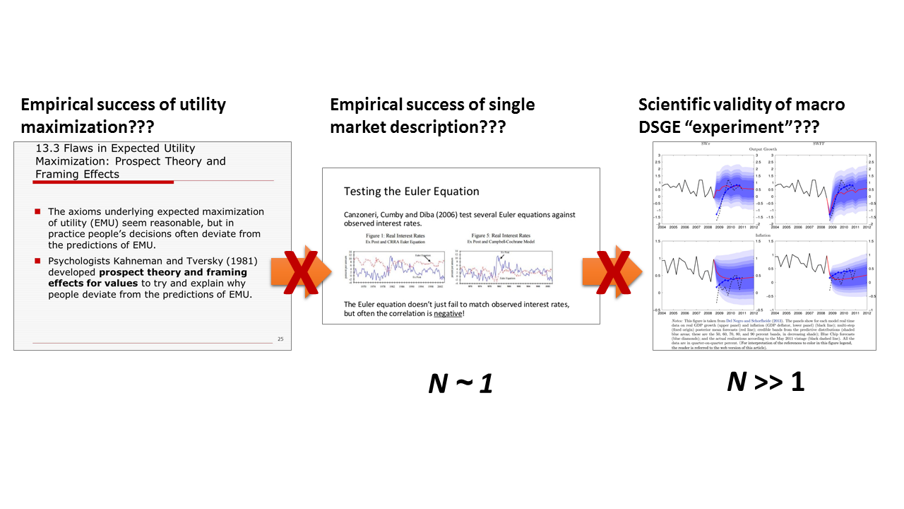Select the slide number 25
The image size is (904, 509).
[281, 339]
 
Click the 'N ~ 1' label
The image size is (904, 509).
[460, 383]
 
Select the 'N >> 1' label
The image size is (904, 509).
[766, 382]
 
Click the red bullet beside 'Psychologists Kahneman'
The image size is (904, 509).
[38, 261]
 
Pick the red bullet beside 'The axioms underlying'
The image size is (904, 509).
[38, 211]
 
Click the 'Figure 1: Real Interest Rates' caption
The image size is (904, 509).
[393, 235]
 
